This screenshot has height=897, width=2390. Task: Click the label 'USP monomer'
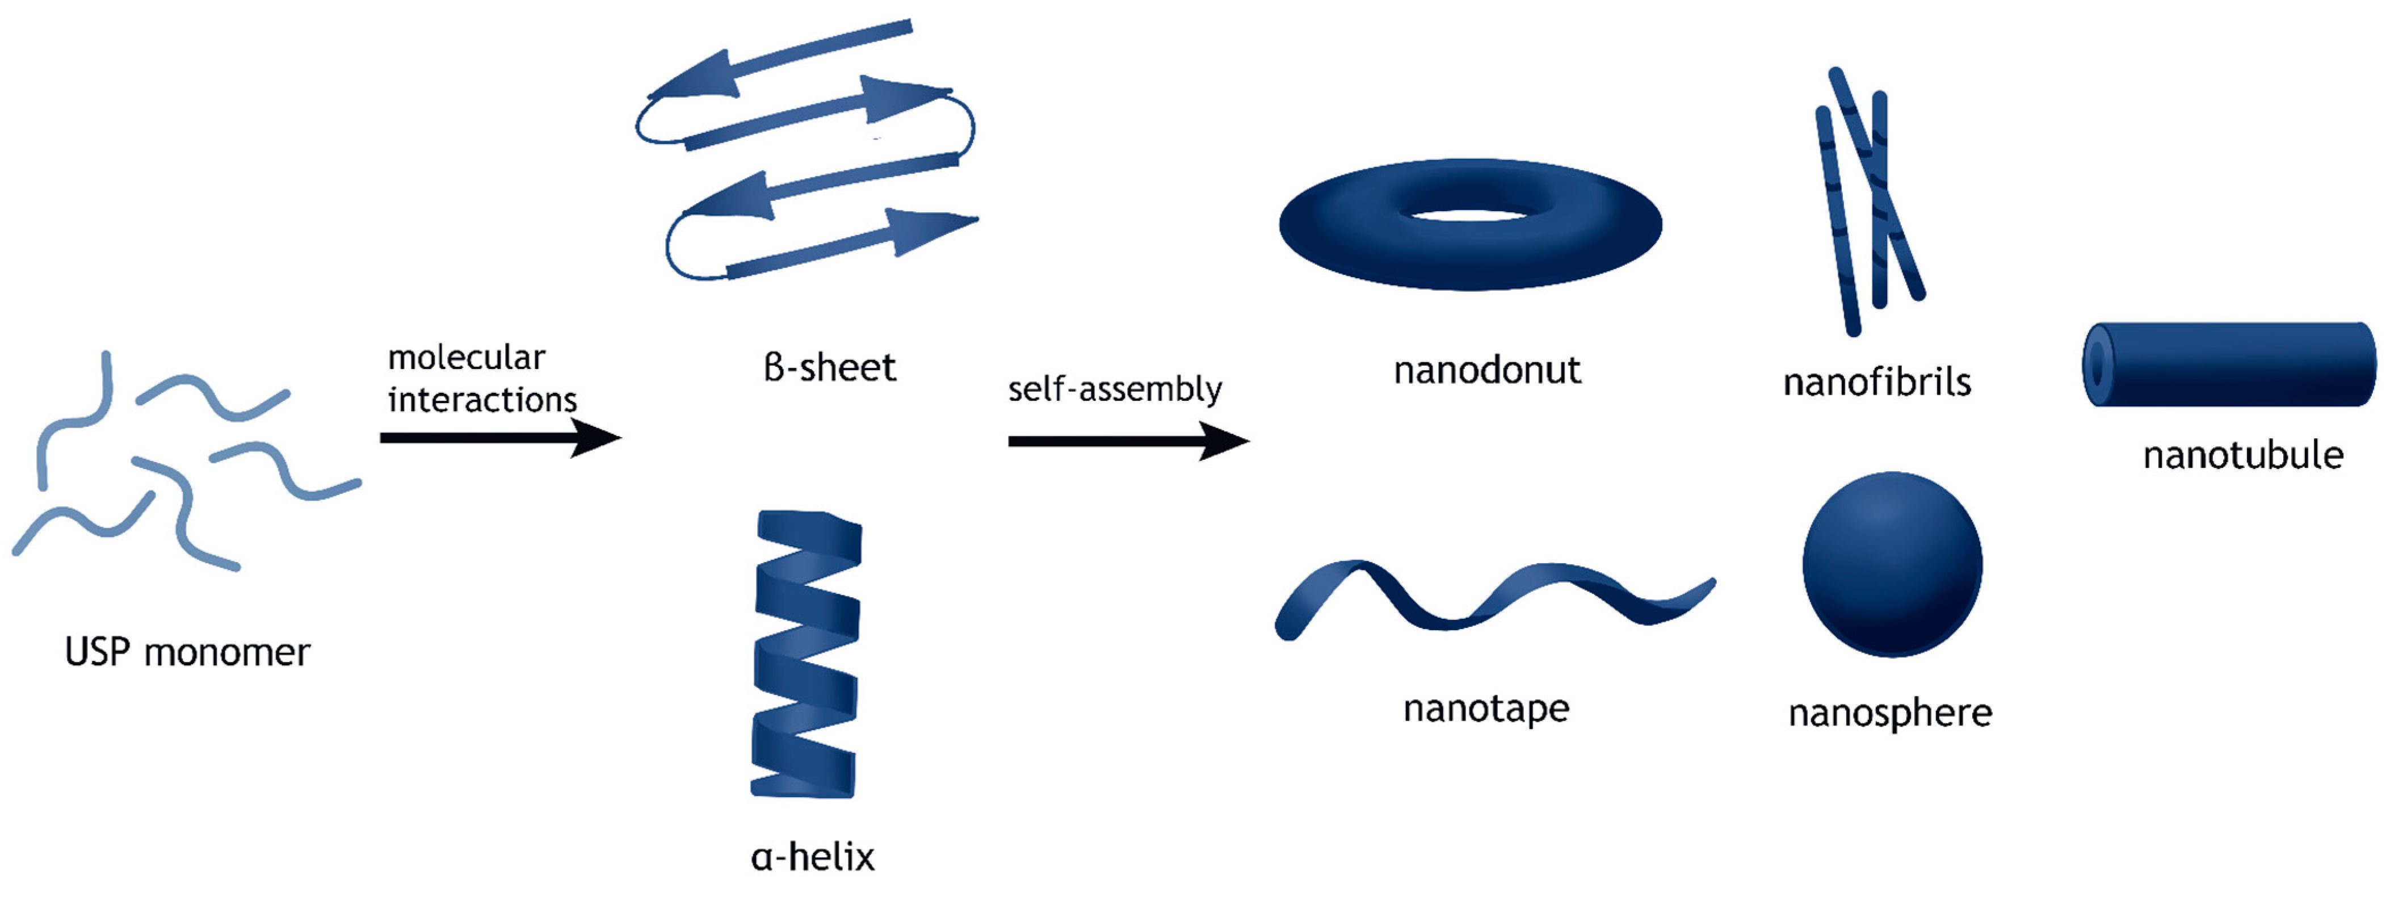(x=187, y=652)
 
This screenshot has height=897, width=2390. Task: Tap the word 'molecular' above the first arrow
(x=467, y=357)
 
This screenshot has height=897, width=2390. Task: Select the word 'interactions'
(x=482, y=400)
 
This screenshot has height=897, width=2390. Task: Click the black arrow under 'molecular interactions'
(x=501, y=438)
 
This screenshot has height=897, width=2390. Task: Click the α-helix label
(x=813, y=856)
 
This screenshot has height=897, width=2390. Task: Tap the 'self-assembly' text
(x=1115, y=389)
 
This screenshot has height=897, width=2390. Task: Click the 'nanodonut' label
(x=1487, y=370)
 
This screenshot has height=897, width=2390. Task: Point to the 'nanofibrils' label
(x=1877, y=382)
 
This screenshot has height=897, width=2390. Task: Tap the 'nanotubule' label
(x=2244, y=455)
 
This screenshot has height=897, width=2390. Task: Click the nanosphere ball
(x=1893, y=564)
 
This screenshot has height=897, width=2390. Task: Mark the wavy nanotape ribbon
(x=1494, y=598)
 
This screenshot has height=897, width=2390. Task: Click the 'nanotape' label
(x=1486, y=709)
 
